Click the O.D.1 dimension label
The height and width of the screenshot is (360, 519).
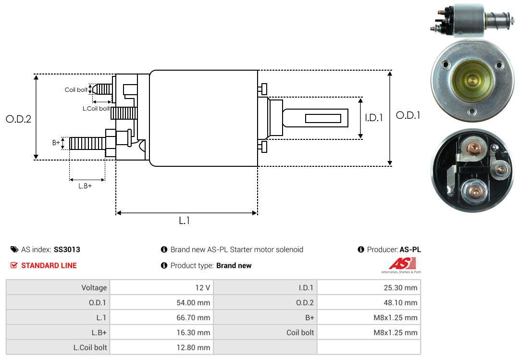click(x=408, y=115)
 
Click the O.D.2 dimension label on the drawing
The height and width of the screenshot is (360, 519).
click(x=19, y=119)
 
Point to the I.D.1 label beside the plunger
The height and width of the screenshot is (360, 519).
click(x=374, y=118)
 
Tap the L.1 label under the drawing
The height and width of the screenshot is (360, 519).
click(x=185, y=221)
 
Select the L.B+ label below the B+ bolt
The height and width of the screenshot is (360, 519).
click(x=85, y=186)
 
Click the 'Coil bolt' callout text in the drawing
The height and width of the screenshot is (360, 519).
click(x=76, y=90)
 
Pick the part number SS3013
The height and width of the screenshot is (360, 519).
click(x=67, y=249)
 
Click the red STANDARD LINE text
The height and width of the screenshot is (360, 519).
click(x=49, y=265)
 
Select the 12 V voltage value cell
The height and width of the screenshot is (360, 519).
click(x=161, y=287)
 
